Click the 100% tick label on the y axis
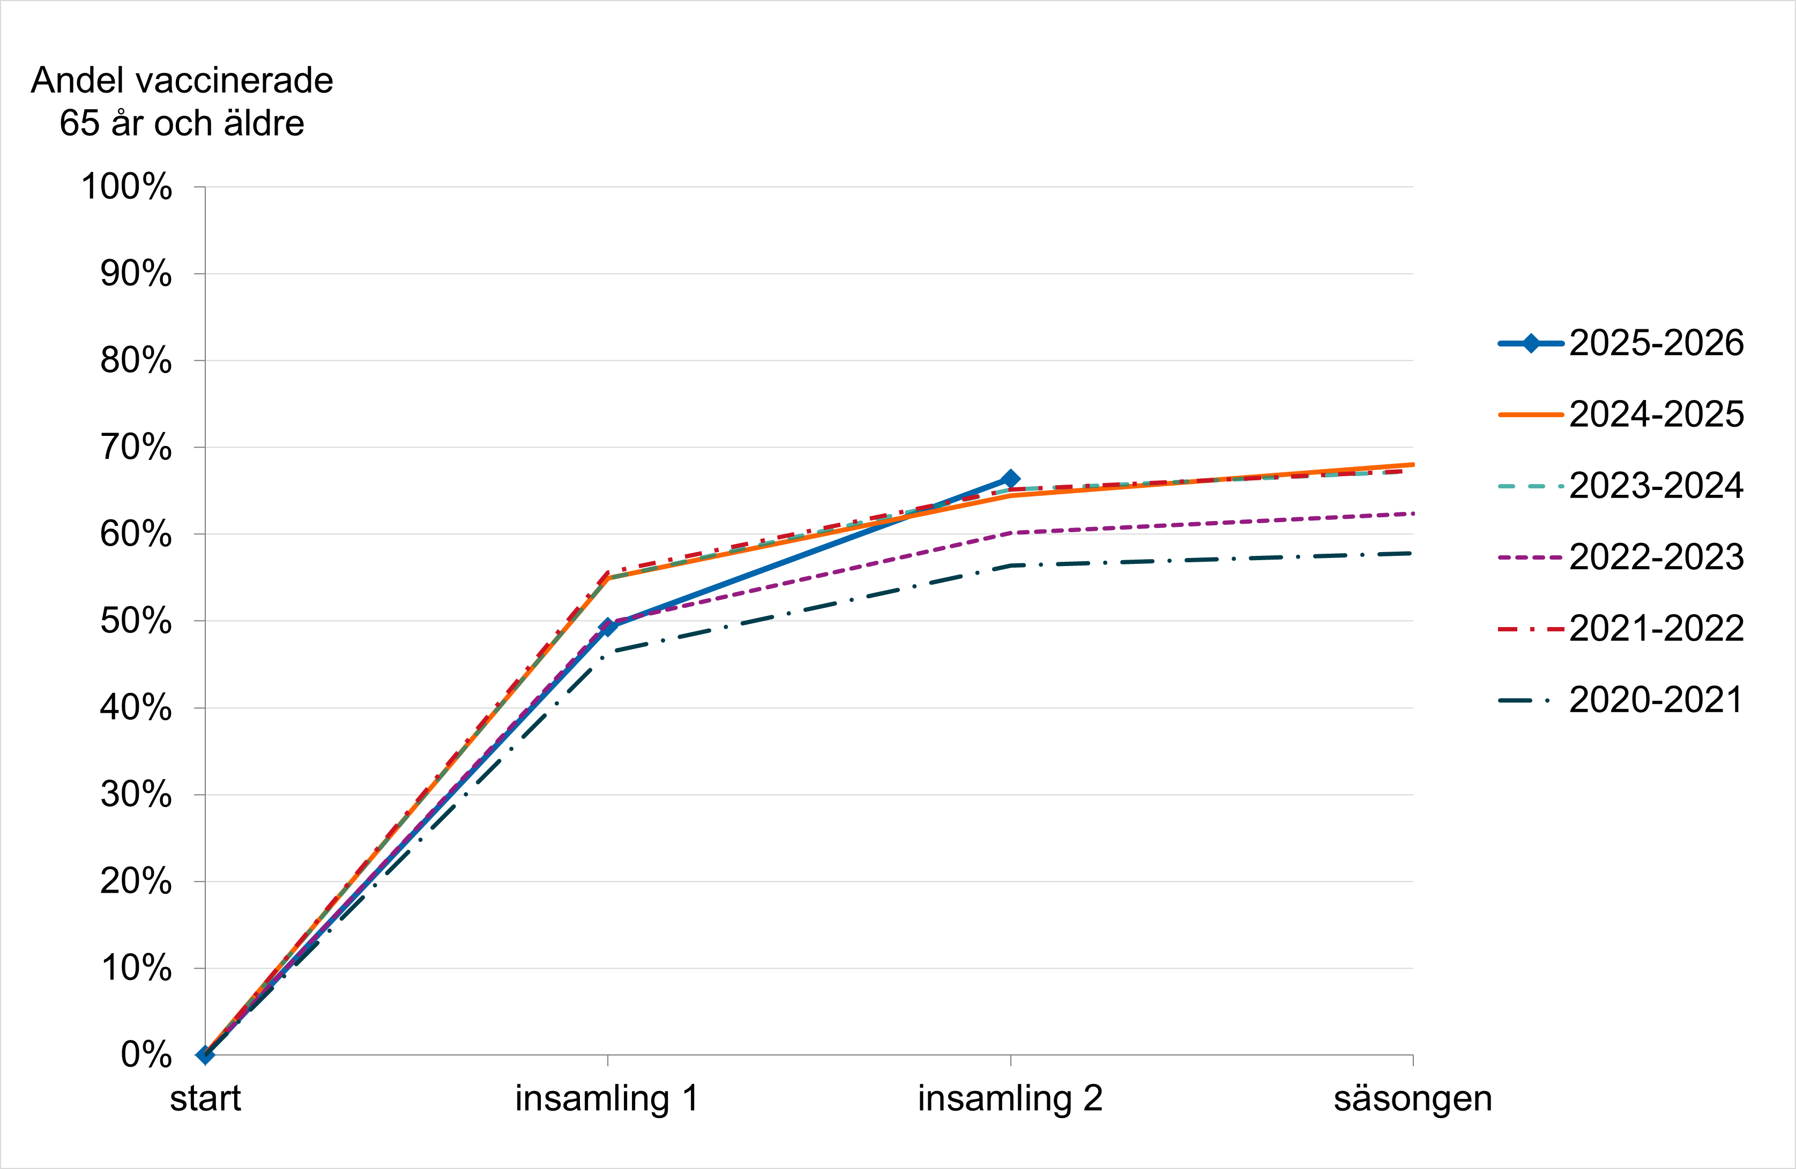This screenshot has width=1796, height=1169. point(127,187)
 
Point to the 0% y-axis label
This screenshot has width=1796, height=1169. point(146,1055)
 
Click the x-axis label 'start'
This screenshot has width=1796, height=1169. point(205,1099)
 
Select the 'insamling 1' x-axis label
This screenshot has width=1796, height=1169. point(607,1099)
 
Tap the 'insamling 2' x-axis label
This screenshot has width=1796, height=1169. point(1010,1099)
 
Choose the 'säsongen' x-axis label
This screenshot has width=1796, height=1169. point(1413,1099)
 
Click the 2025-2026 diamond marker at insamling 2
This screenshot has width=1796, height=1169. point(1010,479)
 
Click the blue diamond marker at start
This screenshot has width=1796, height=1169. point(205,1055)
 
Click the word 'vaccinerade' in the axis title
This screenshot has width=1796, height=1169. point(235,81)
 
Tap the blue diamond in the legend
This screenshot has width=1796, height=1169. point(1530,344)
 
